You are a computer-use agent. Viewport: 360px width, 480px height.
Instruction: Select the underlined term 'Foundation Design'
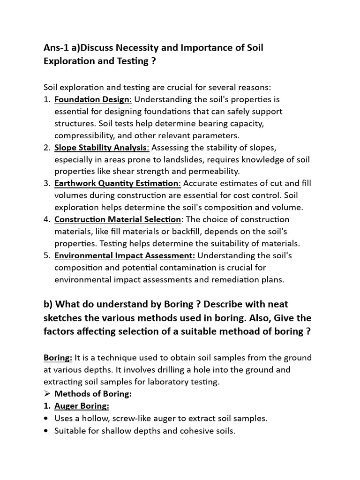(93, 99)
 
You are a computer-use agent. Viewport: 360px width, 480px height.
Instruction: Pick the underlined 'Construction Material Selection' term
(118, 219)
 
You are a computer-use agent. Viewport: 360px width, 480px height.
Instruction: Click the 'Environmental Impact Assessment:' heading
(125, 255)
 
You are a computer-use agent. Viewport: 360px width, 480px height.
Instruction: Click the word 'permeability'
(215, 172)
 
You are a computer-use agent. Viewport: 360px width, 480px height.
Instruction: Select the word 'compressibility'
(82, 135)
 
